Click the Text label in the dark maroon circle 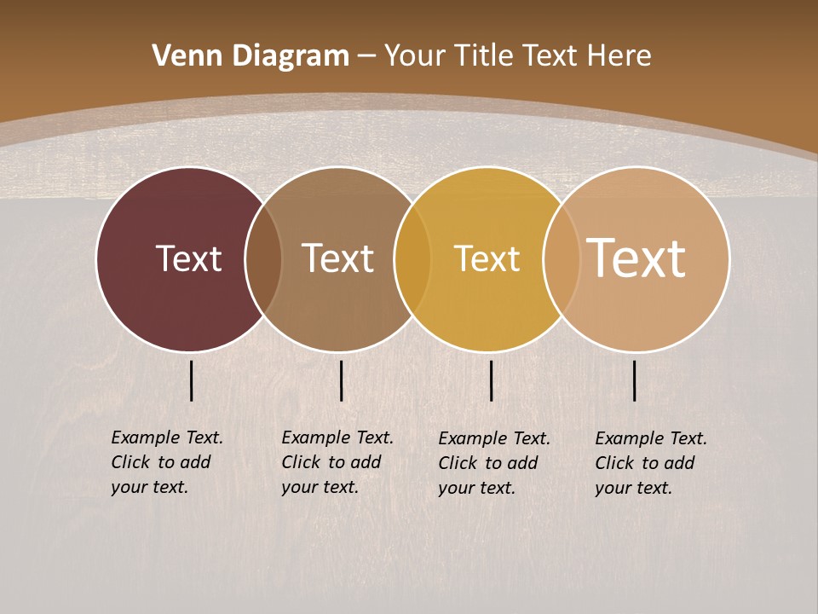188,258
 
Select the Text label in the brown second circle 337,258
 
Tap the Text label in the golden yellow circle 487,258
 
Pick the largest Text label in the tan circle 637,258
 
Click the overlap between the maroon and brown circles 263,258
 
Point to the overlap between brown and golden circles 412,258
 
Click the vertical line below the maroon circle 192,380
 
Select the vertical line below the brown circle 341,380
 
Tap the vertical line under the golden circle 492,380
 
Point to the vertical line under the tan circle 635,380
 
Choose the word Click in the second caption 301,462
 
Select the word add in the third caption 523,463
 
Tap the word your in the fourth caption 612,488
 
